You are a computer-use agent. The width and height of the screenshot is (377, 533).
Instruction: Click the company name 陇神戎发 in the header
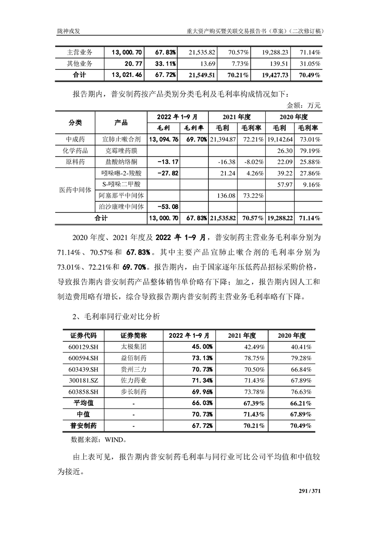(x=69, y=31)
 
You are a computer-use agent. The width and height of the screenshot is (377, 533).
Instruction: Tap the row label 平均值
(x=84, y=403)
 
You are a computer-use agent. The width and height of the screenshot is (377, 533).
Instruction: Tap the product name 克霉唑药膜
(x=121, y=151)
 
